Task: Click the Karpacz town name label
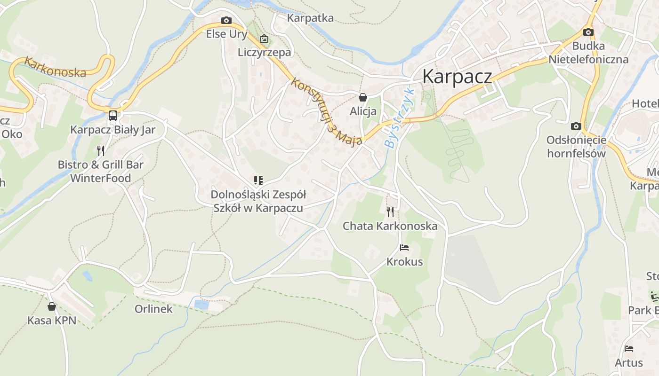[457, 76]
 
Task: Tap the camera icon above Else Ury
[226, 20]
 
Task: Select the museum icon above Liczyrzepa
[264, 39]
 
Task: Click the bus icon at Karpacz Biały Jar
[113, 116]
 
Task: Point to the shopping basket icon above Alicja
[363, 97]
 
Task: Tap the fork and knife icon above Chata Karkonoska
[390, 212]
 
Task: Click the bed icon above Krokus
[404, 247]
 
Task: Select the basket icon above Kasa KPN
[52, 306]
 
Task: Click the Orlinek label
[153, 309]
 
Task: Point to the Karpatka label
[310, 18]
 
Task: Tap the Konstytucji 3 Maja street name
[327, 111]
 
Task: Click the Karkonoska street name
[56, 67]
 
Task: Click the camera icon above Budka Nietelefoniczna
[588, 32]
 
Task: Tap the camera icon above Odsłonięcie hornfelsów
[576, 126]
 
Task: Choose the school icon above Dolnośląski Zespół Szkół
[258, 180]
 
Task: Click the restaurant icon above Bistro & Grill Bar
[101, 151]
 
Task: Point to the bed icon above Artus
[629, 349]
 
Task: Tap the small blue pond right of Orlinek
[201, 305]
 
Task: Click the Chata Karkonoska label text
[390, 226]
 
